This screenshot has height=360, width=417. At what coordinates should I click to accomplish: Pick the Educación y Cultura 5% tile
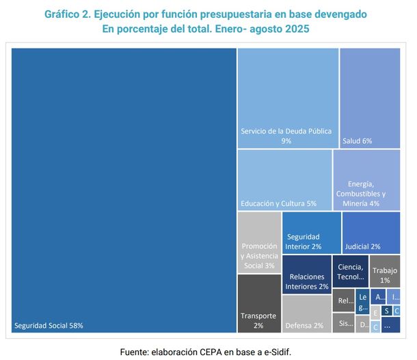coord(284,179)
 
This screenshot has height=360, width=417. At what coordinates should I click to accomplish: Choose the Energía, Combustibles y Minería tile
coord(366,179)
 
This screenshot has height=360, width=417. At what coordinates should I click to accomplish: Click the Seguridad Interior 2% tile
coord(311,232)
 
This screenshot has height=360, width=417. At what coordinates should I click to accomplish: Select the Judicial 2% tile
coord(371,232)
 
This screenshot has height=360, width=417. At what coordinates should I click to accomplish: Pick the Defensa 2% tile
coord(306,313)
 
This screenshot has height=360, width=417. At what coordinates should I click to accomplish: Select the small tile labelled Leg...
coord(362,301)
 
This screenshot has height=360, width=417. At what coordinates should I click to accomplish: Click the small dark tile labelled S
coord(387,310)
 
